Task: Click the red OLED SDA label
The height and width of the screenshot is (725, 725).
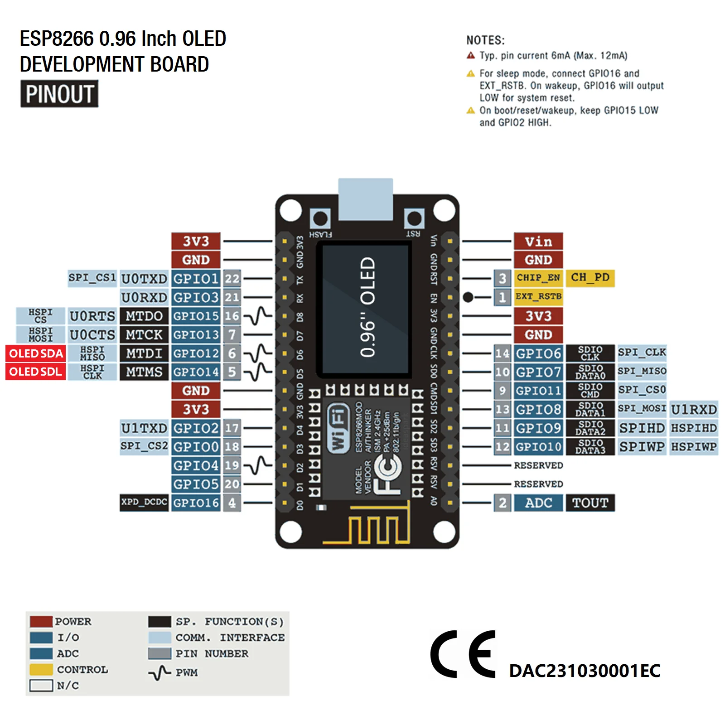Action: (35, 353)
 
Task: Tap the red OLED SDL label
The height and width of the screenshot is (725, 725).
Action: (35, 372)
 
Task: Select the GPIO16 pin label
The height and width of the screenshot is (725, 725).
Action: (196, 503)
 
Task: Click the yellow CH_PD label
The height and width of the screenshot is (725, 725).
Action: (590, 277)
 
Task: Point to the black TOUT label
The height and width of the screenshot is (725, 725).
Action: (590, 503)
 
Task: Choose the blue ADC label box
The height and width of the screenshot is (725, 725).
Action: (538, 503)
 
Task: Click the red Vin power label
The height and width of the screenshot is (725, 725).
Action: (538, 242)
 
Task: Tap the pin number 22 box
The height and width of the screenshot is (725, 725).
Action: (232, 279)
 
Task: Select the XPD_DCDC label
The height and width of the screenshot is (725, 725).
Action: (144, 503)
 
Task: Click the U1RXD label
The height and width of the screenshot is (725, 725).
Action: (694, 410)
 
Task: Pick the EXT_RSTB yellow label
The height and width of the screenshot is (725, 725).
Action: (538, 297)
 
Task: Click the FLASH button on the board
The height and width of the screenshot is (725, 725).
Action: (320, 219)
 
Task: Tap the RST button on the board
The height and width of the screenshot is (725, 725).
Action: (414, 219)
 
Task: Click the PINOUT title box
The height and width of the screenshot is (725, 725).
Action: (59, 94)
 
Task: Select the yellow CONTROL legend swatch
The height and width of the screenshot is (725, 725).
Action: (41, 669)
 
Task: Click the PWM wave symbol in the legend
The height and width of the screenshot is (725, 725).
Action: (159, 673)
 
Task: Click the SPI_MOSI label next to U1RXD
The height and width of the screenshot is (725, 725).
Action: (642, 409)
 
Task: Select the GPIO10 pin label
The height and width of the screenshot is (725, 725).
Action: (538, 447)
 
